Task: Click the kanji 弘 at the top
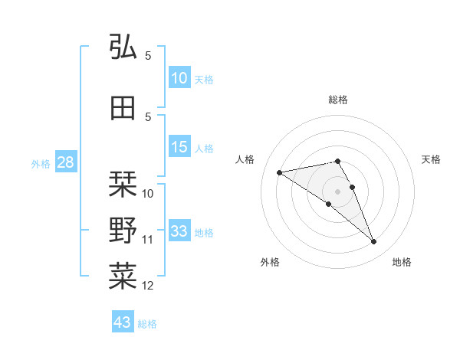[123, 47]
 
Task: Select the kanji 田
[123, 108]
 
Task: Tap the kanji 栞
[123, 185]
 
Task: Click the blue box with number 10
[179, 78]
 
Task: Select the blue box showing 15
[179, 147]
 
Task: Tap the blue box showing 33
[179, 231]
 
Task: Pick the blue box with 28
[65, 162]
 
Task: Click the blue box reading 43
[122, 322]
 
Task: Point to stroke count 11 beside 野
[148, 240]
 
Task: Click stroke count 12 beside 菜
[148, 286]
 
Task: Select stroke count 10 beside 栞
[148, 194]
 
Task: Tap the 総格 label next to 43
[147, 324]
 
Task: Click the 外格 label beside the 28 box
[41, 164]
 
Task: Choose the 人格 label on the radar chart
[245, 159]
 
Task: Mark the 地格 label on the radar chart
[402, 262]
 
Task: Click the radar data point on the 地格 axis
[374, 242]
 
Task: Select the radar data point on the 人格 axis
[279, 172]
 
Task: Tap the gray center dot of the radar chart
[337, 191]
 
